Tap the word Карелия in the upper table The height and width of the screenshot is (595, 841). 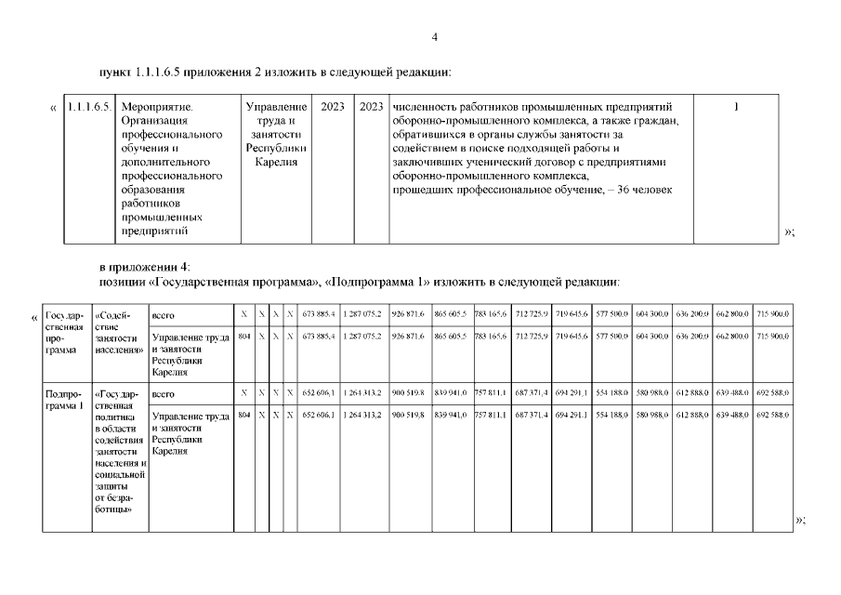276,162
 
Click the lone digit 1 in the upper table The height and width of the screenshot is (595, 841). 736,107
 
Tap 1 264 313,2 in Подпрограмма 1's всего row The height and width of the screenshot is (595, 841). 361,394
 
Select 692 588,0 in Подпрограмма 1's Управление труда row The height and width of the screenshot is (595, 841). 772,415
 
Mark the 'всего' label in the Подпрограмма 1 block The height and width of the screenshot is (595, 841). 163,394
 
